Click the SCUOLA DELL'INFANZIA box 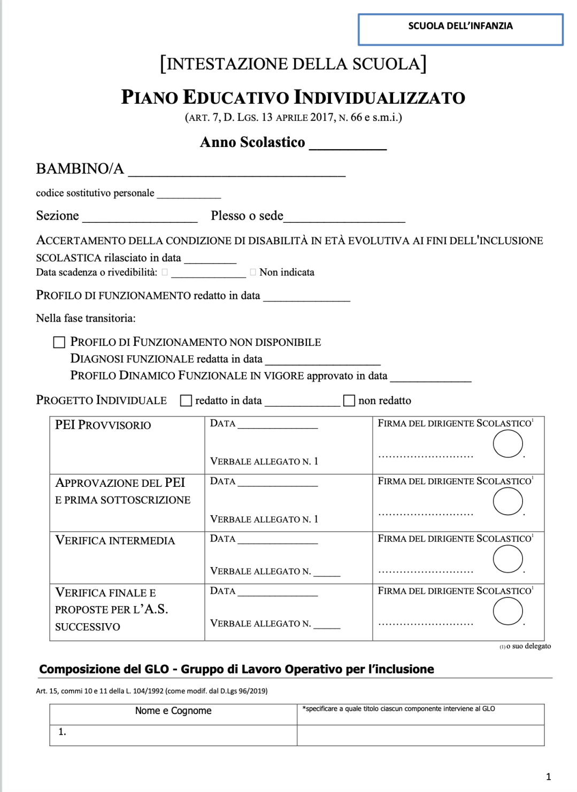tap(460, 29)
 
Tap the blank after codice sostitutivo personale tap(189, 195)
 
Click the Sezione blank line tap(140, 218)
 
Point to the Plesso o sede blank tap(344, 218)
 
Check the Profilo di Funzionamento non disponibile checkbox tap(59, 342)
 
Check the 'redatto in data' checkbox tap(186, 401)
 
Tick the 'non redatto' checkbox tap(349, 401)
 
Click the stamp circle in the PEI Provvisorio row tap(507, 444)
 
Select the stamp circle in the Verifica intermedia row tap(507, 559)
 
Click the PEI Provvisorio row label tap(103, 425)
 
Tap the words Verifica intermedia tap(115, 541)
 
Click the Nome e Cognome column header tap(173, 711)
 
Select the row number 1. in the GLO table tap(62, 732)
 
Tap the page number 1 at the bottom tap(548, 777)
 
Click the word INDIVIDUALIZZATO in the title tap(380, 97)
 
